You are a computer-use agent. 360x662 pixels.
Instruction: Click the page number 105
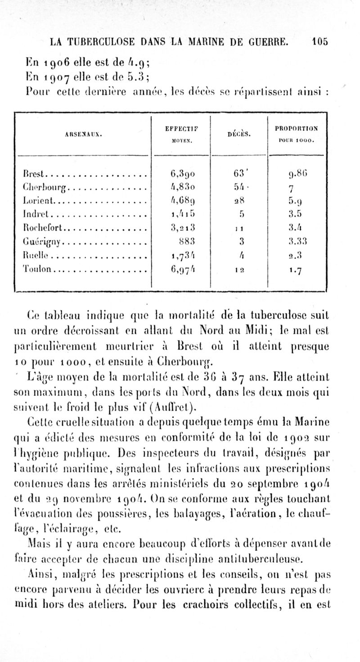(x=319, y=42)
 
